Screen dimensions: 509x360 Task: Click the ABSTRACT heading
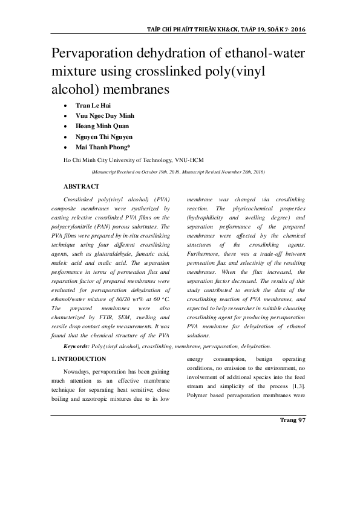click(x=80, y=186)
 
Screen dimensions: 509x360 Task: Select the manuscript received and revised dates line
click(x=177, y=172)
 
